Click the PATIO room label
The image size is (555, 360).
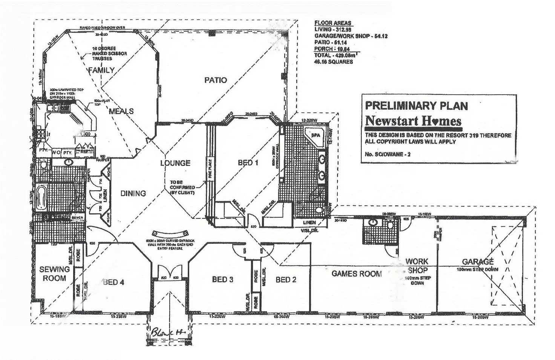[x=216, y=80]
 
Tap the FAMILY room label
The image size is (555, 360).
[x=101, y=70]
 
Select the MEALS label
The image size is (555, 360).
[x=121, y=111]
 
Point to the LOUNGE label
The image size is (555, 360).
[x=175, y=163]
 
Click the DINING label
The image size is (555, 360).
[x=133, y=193]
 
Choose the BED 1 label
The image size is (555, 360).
[x=248, y=163]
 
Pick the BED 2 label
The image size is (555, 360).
[x=286, y=280]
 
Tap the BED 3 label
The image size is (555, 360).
[x=222, y=279]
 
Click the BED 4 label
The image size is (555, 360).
[x=113, y=282]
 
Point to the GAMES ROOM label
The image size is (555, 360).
[x=356, y=274]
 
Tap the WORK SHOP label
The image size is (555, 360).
[x=417, y=266]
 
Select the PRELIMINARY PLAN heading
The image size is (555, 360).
[x=416, y=106]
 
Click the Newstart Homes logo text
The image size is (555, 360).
[x=413, y=121]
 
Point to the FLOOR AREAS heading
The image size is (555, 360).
[x=333, y=23]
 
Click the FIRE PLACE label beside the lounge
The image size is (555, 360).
[x=210, y=169]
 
